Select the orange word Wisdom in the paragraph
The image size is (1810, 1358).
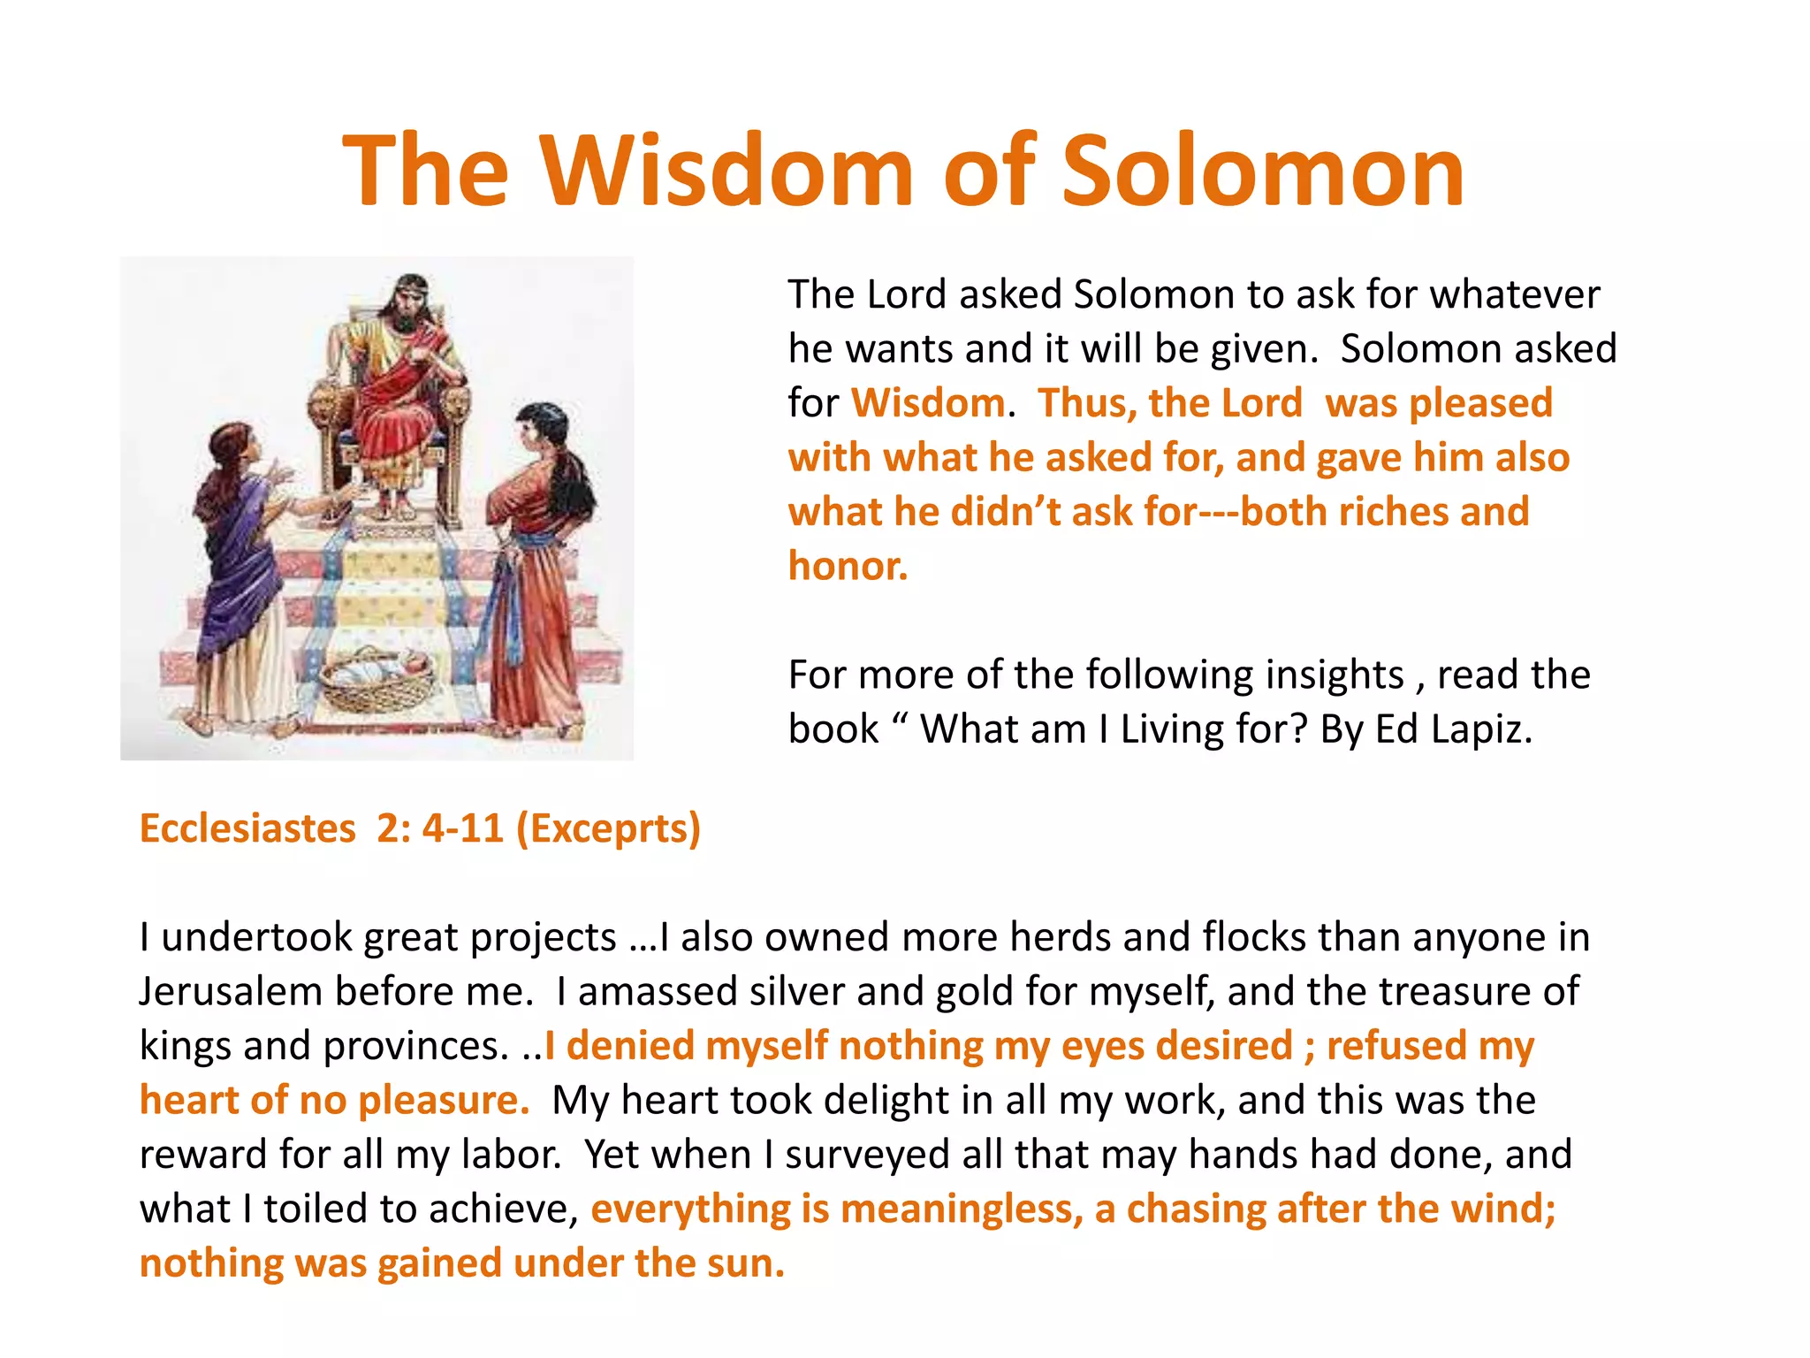928,403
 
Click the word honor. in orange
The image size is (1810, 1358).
848,566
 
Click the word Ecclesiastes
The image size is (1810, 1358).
247,828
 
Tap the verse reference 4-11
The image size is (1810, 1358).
462,828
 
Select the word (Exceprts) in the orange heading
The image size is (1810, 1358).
608,828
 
